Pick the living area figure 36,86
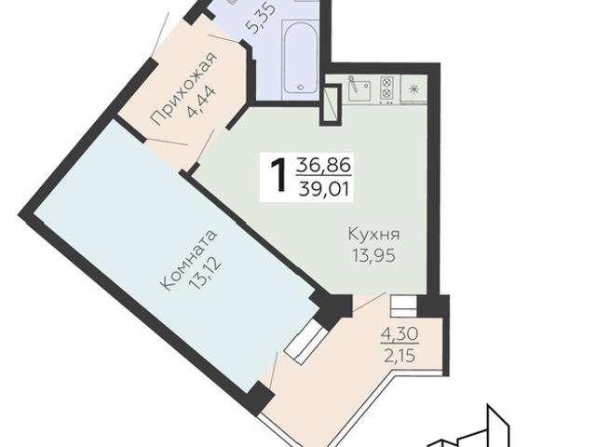319,166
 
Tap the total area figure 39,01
319,189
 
